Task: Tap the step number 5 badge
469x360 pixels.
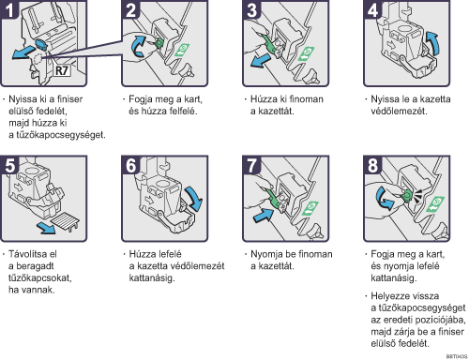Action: click(x=9, y=165)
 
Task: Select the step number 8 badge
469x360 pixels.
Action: click(x=372, y=165)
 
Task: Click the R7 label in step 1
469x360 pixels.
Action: click(x=61, y=70)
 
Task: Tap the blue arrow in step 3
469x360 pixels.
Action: click(x=260, y=60)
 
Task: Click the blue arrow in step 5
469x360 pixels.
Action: click(x=46, y=228)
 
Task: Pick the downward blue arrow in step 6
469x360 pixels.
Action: click(x=194, y=199)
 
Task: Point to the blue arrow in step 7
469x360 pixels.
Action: click(x=264, y=215)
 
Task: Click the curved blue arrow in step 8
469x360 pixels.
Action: click(x=385, y=199)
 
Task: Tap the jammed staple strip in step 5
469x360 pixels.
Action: click(x=66, y=221)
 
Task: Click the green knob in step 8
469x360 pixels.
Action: click(x=407, y=195)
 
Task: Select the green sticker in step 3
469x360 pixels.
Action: click(x=307, y=53)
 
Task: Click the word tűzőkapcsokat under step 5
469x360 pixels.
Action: click(x=40, y=277)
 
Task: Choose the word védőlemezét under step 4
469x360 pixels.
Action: click(x=399, y=112)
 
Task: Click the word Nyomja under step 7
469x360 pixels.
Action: click(x=266, y=254)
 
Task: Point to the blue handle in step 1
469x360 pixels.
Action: click(x=41, y=45)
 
